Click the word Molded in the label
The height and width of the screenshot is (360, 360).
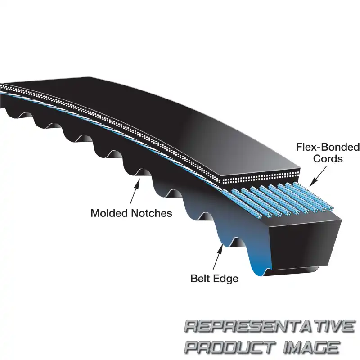point(110,213)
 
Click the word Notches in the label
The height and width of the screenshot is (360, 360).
point(152,213)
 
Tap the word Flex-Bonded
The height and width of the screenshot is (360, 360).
point(328,147)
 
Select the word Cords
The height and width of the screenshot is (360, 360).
point(328,159)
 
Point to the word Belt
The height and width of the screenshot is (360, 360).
point(200,279)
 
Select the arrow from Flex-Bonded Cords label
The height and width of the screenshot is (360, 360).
point(318,176)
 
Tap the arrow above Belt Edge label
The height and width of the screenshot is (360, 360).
point(218,257)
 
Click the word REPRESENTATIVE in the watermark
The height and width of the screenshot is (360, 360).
point(270,326)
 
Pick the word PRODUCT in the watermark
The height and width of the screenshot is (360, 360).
point(230,347)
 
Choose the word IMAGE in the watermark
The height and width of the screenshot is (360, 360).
point(311,347)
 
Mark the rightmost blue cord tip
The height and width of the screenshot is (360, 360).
point(331,208)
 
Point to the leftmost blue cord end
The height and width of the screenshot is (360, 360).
point(268,216)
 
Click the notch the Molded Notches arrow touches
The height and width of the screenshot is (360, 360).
point(143,173)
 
